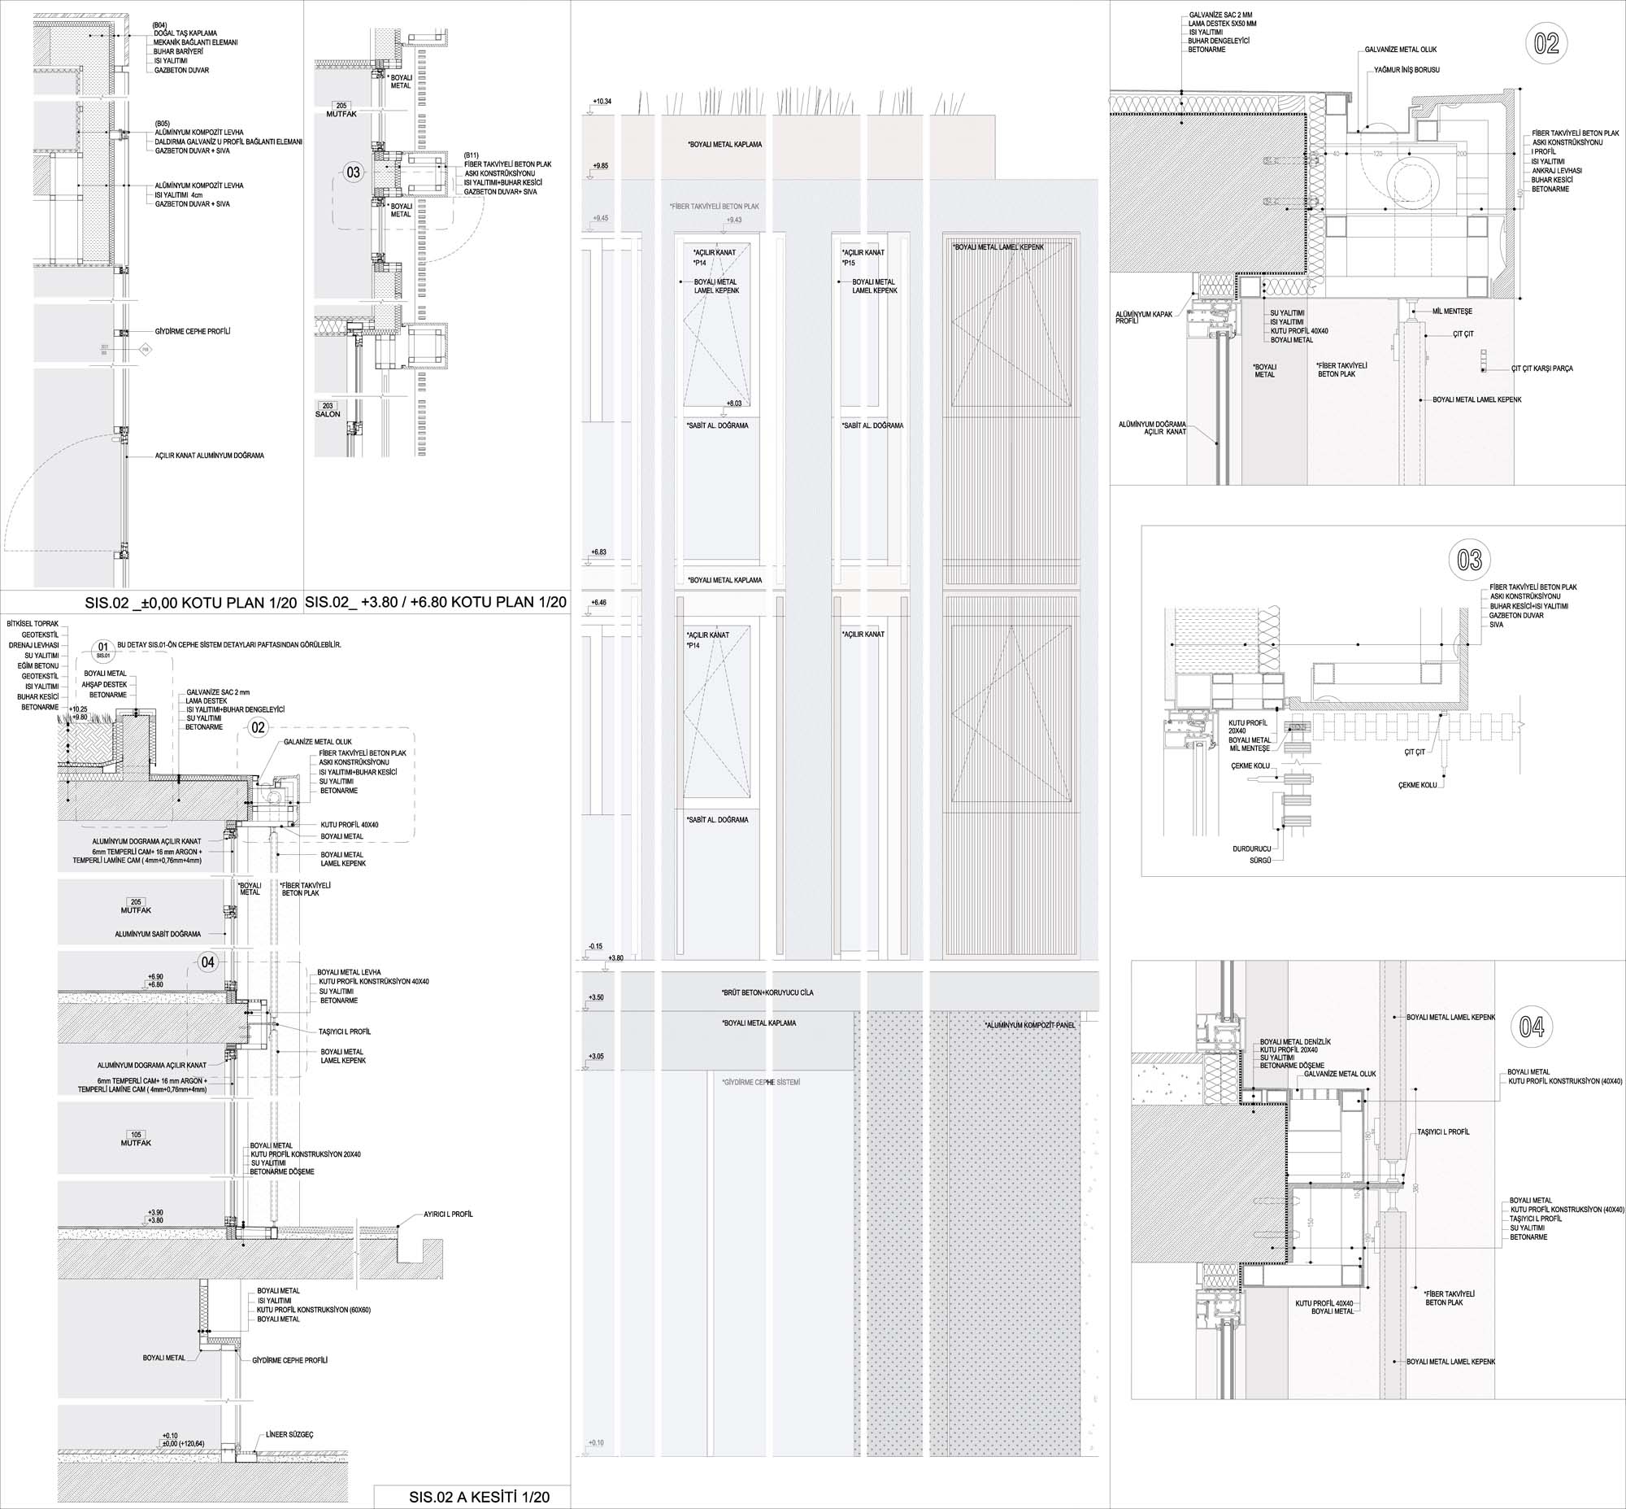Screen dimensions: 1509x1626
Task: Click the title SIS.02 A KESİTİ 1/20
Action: tap(479, 1497)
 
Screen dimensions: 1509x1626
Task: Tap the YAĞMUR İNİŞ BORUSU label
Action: tap(1406, 70)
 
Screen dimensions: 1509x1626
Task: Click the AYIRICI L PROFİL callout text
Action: tap(448, 1215)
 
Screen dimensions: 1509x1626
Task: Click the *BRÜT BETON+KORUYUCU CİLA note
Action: tap(767, 993)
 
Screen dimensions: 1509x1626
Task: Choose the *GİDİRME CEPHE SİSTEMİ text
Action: tap(761, 1082)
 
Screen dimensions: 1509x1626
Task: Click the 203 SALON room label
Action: tap(328, 410)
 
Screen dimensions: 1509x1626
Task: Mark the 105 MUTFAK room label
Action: tap(136, 1138)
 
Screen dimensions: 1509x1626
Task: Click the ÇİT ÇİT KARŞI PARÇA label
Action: tap(1542, 369)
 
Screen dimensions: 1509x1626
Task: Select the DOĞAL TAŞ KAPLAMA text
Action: tap(185, 33)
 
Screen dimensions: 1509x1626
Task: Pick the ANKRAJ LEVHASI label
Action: tap(1557, 170)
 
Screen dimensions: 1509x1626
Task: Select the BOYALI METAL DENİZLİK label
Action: tap(1295, 1042)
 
